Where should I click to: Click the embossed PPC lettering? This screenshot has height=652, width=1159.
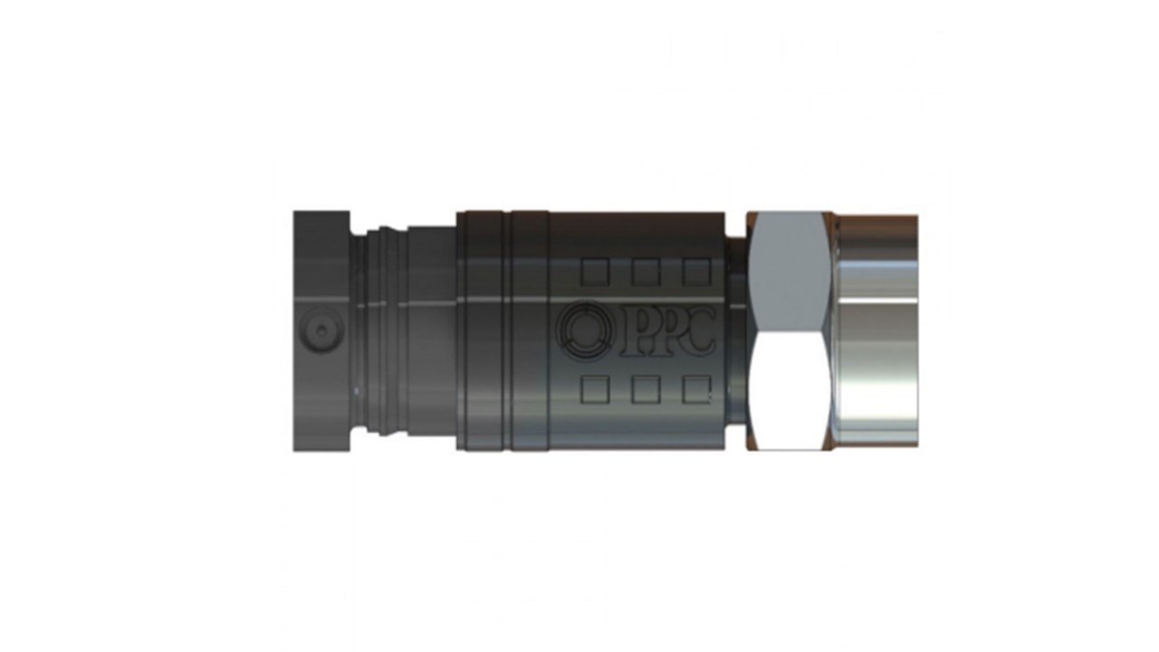(x=668, y=331)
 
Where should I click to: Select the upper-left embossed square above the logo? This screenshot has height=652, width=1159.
(x=595, y=273)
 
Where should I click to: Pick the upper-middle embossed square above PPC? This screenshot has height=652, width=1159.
(x=646, y=273)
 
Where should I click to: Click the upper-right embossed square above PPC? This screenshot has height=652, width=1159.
(x=696, y=273)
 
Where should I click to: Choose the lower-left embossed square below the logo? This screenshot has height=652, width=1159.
(x=595, y=389)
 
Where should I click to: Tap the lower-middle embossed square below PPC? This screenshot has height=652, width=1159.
(x=646, y=389)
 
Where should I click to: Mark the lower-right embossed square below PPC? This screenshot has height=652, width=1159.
(x=696, y=389)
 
